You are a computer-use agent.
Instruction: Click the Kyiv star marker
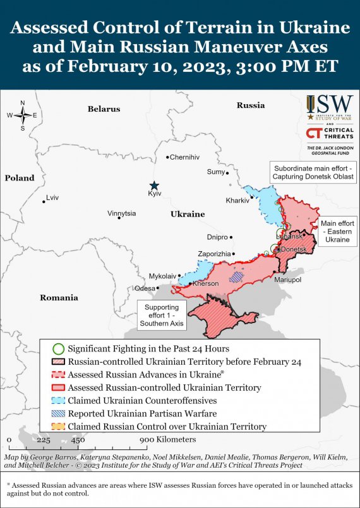pyautogui.click(x=154, y=185)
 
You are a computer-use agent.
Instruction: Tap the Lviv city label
pyautogui.click(x=52, y=198)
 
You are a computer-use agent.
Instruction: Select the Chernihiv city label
pyautogui.click(x=184, y=157)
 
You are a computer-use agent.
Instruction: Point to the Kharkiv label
pyautogui.click(x=237, y=201)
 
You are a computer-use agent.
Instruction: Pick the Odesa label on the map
pyautogui.click(x=145, y=288)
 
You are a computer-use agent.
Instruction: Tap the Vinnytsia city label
pyautogui.click(x=121, y=213)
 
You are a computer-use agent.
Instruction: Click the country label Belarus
pyautogui.click(x=104, y=109)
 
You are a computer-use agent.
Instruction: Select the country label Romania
pyautogui.click(x=59, y=297)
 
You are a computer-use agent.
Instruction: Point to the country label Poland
pyautogui.click(x=20, y=178)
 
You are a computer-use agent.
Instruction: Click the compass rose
pyautogui.click(x=22, y=115)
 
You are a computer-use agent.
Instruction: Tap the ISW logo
pyautogui.click(x=330, y=108)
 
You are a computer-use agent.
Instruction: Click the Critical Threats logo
pyautogui.click(x=330, y=133)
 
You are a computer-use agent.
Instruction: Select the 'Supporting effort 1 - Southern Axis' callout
pyautogui.click(x=162, y=314)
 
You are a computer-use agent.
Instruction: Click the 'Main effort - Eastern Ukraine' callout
pyautogui.click(x=337, y=232)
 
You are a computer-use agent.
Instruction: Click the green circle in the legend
pyautogui.click(x=58, y=348)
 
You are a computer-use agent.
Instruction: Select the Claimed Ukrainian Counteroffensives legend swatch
pyautogui.click(x=58, y=401)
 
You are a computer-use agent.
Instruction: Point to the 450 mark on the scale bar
pyautogui.click(x=78, y=440)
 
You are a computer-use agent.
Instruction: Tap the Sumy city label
pyautogui.click(x=215, y=172)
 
